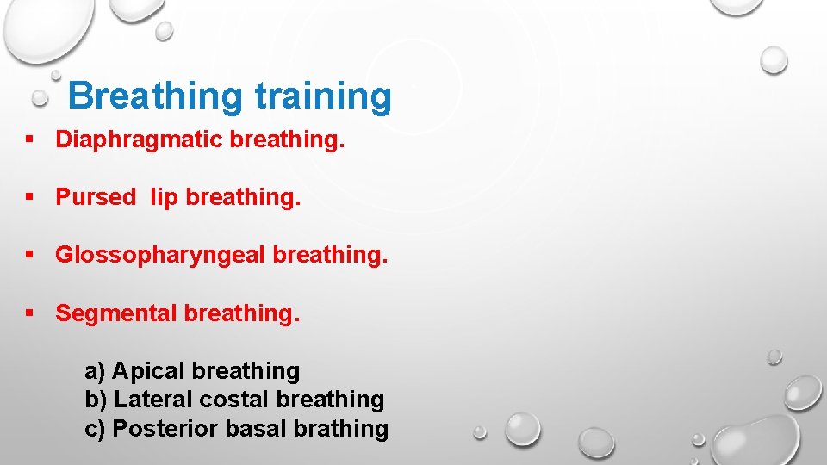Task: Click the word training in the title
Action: point(323,96)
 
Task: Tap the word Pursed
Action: point(96,197)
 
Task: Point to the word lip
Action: point(164,197)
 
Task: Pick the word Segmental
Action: point(116,313)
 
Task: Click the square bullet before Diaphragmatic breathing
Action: point(30,140)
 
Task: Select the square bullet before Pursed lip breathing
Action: point(30,197)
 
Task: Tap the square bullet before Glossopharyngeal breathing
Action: point(30,255)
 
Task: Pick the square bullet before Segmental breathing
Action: point(30,313)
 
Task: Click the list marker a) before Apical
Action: point(95,372)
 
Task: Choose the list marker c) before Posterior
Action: point(95,429)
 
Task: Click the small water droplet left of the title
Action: point(40,99)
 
